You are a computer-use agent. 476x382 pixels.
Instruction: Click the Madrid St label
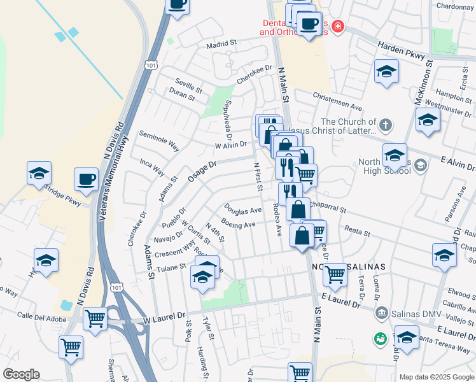(221, 45)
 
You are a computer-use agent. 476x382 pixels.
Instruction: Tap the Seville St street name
(188, 83)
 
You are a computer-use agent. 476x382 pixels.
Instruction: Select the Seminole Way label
(159, 141)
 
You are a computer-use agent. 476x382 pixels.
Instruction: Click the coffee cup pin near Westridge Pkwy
(86, 179)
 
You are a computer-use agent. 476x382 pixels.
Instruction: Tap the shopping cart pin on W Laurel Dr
(95, 317)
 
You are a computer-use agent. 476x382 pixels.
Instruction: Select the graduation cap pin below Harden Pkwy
(386, 71)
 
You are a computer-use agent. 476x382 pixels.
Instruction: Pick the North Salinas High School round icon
(420, 166)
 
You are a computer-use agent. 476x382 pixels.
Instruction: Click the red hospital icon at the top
(337, 27)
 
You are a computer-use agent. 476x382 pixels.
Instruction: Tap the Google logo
(21, 374)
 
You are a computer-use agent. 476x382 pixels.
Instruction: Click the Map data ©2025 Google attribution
(437, 377)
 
